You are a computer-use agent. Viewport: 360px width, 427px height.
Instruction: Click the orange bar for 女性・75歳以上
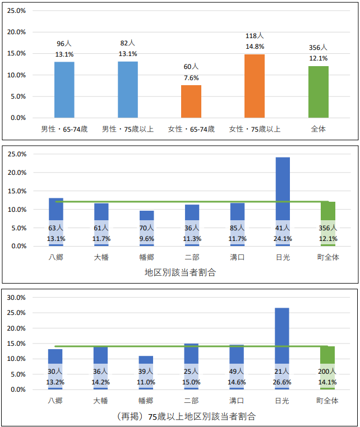click(255, 86)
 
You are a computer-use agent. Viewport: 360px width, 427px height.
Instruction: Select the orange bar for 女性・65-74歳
click(191, 101)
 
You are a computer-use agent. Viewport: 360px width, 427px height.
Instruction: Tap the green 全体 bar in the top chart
click(318, 92)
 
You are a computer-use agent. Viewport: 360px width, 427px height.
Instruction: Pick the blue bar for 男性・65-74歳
click(64, 90)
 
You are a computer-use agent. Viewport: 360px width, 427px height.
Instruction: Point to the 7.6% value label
click(191, 78)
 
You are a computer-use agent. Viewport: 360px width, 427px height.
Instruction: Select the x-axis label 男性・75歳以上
click(127, 129)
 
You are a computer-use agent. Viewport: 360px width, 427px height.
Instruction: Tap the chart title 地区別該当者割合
click(180, 273)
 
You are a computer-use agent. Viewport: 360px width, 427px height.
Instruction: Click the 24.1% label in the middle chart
click(283, 238)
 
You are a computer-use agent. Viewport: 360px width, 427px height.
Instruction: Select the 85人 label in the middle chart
click(237, 228)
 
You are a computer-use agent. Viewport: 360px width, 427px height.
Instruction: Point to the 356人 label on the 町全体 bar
click(327, 228)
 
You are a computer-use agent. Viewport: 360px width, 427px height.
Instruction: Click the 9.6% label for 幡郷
click(146, 238)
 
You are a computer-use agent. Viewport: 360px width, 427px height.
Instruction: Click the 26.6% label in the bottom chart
click(283, 382)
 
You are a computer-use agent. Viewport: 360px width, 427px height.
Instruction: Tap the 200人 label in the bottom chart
click(327, 371)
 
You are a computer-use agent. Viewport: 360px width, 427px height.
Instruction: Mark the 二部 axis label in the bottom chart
click(192, 401)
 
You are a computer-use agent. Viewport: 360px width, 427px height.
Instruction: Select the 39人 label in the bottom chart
click(146, 371)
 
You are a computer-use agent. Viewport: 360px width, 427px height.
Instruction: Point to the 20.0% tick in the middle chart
click(17, 173)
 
